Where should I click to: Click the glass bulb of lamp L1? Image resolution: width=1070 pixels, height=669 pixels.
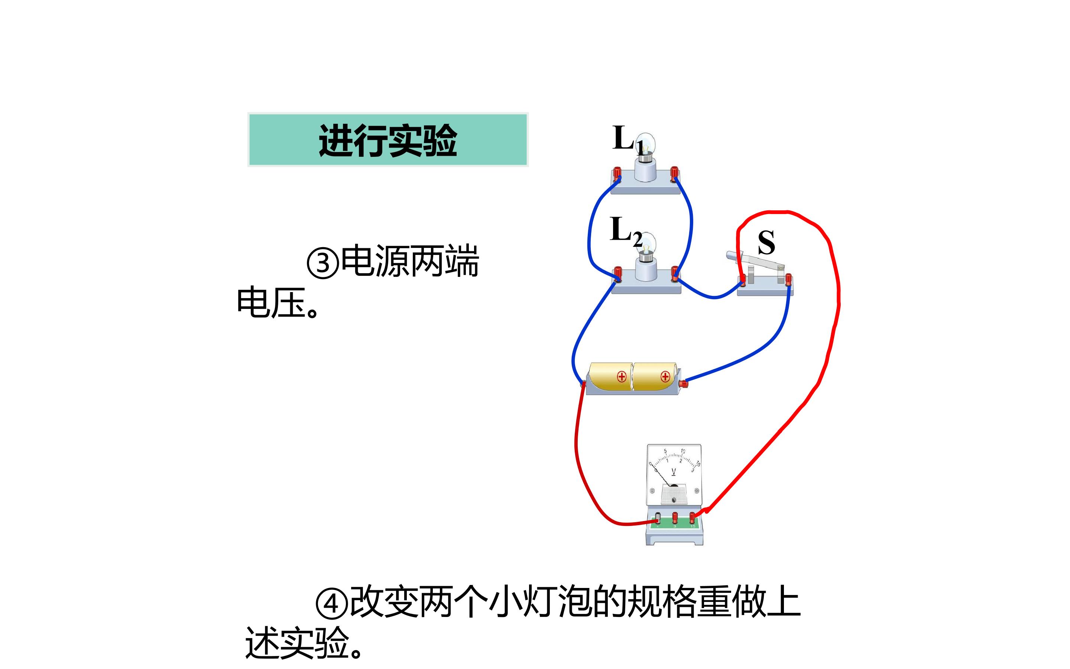pyautogui.click(x=646, y=144)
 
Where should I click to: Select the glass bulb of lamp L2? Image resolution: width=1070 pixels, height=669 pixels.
pyautogui.click(x=647, y=244)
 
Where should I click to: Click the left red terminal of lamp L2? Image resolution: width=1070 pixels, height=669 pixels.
pyautogui.click(x=618, y=274)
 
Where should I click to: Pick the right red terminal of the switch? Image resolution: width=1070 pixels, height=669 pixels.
pyautogui.click(x=788, y=279)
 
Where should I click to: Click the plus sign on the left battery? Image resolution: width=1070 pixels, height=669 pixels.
pyautogui.click(x=622, y=376)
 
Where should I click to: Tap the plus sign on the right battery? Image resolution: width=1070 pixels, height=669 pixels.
pyautogui.click(x=665, y=376)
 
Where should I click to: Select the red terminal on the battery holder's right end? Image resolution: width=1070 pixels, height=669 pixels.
pyautogui.click(x=684, y=383)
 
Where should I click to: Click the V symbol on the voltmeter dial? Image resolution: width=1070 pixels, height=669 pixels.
pyautogui.click(x=674, y=472)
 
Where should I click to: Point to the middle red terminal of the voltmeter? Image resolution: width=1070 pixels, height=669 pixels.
pyautogui.click(x=675, y=517)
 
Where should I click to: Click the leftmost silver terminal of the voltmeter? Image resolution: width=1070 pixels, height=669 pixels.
pyautogui.click(x=658, y=518)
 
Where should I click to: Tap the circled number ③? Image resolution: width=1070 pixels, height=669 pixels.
pyautogui.click(x=323, y=263)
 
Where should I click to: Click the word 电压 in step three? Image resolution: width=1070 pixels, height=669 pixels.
pyautogui.click(x=272, y=302)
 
